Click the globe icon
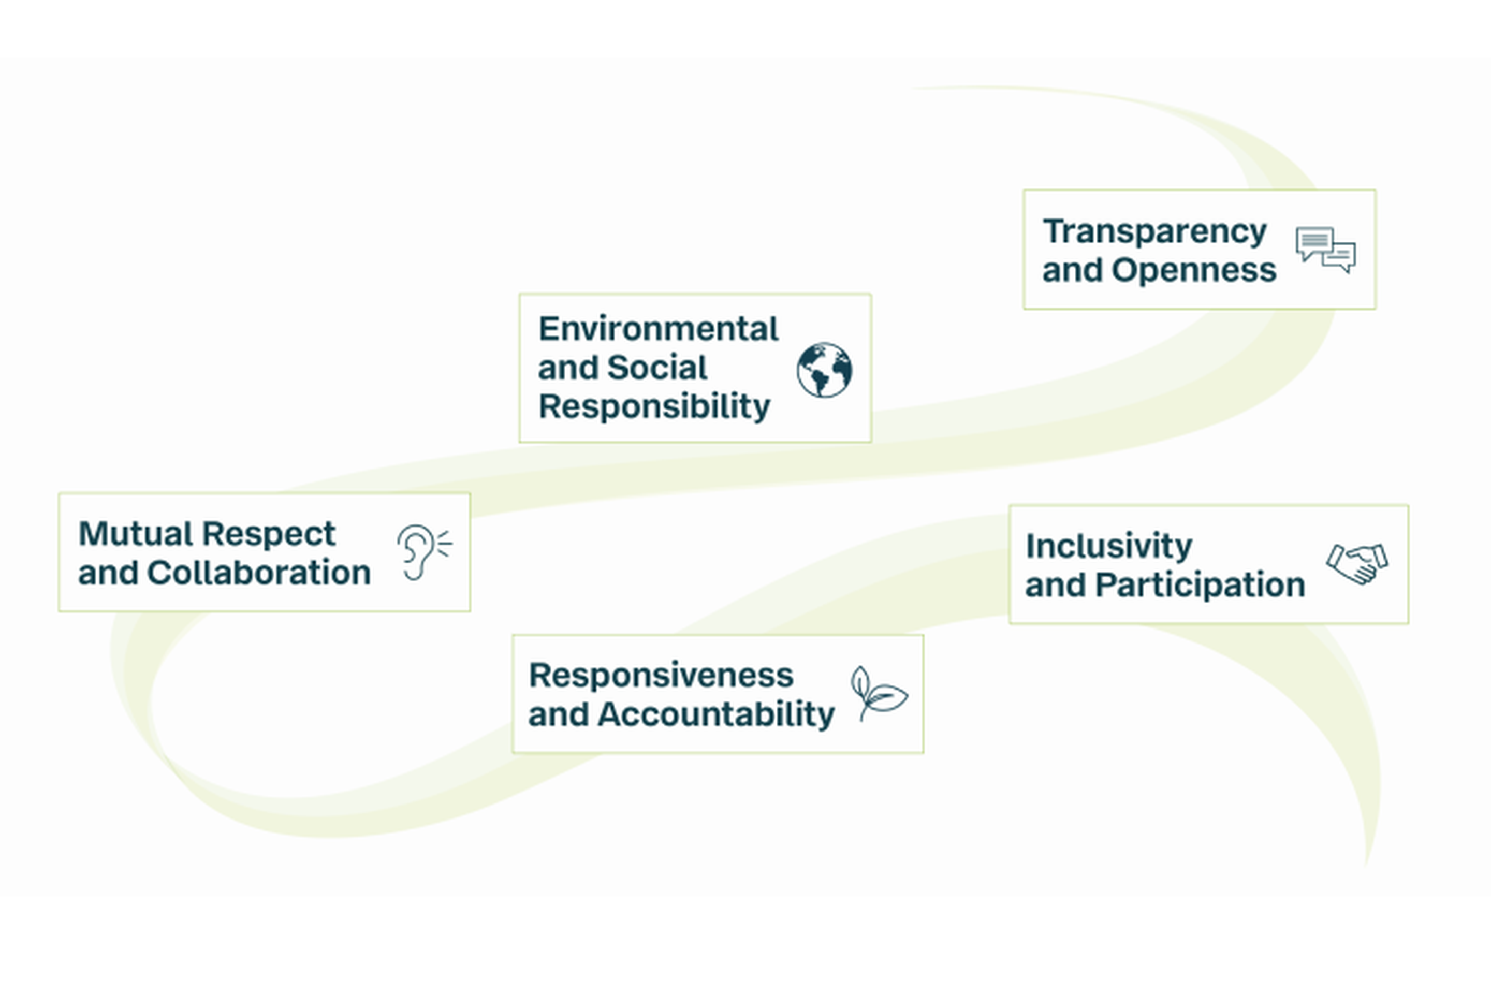pyautogui.click(x=824, y=370)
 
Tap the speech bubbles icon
pyautogui.click(x=1325, y=250)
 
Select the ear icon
pyautogui.click(x=423, y=551)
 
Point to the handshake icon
pyautogui.click(x=1356, y=563)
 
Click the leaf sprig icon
pyautogui.click(x=878, y=694)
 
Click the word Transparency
pyautogui.click(x=1154, y=231)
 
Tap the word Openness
pyautogui.click(x=1194, y=271)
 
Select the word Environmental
pyautogui.click(x=658, y=329)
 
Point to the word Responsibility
pyautogui.click(x=654, y=406)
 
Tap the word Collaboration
pyautogui.click(x=259, y=573)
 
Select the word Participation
pyautogui.click(x=1200, y=584)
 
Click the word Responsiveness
pyautogui.click(x=661, y=675)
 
